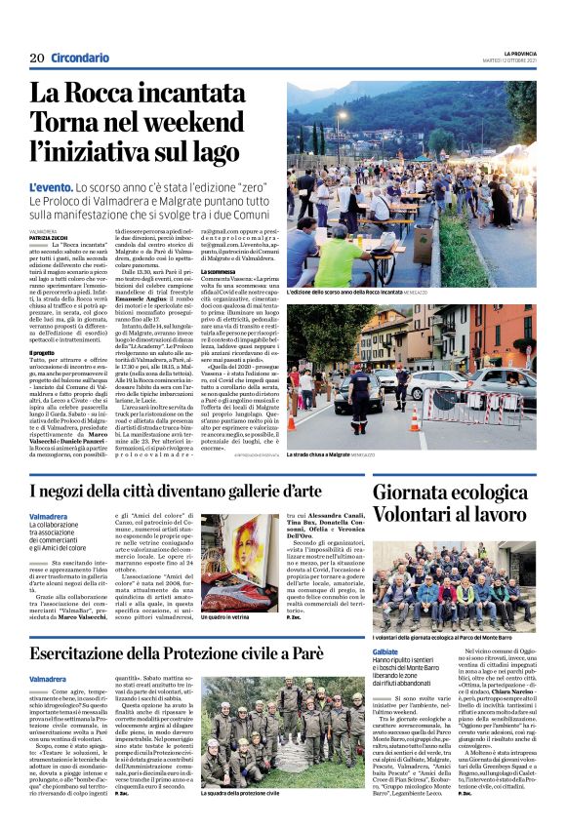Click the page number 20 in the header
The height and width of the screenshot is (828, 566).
(37, 59)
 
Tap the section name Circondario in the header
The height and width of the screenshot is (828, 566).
(80, 59)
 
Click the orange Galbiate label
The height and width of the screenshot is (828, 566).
(385, 651)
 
